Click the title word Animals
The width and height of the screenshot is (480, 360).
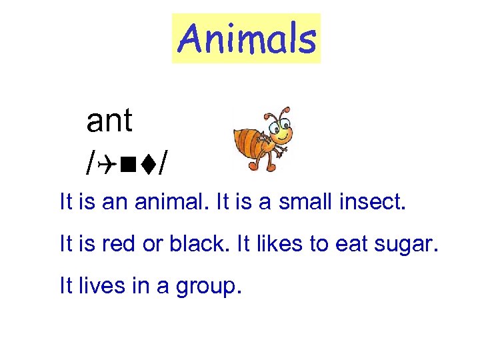[x=246, y=38]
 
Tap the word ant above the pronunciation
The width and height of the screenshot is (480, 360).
[x=109, y=121]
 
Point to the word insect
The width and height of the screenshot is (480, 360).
[x=372, y=202]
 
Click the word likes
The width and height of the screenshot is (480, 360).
[x=267, y=245]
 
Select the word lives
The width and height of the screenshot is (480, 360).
[x=99, y=287]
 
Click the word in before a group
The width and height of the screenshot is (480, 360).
[x=139, y=287]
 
